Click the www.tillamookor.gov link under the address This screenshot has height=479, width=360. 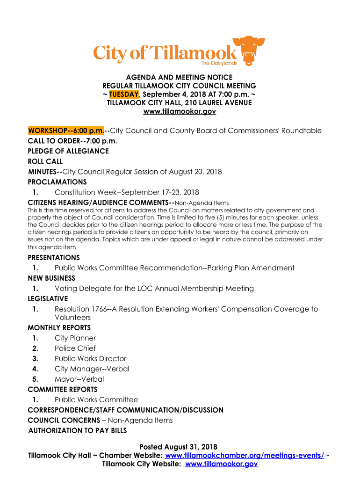tap(179, 112)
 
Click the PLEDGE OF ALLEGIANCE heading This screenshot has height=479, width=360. tap(68, 151)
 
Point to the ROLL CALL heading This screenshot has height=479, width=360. tap(45, 161)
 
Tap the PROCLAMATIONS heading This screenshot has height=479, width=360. tap(57, 182)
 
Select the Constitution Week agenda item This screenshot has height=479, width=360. tap(127, 192)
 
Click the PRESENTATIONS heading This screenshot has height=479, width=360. tap(54, 258)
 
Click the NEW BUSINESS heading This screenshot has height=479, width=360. tap(51, 278)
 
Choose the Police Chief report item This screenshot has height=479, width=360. tap(75, 348)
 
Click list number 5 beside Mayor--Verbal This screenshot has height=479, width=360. tap(35, 379)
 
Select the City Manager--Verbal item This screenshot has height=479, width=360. tap(92, 369)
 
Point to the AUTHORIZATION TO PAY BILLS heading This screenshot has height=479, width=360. tap(78, 430)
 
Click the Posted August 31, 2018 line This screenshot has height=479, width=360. tap(179, 447)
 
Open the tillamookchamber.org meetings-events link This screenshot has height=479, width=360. tap(245, 456)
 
